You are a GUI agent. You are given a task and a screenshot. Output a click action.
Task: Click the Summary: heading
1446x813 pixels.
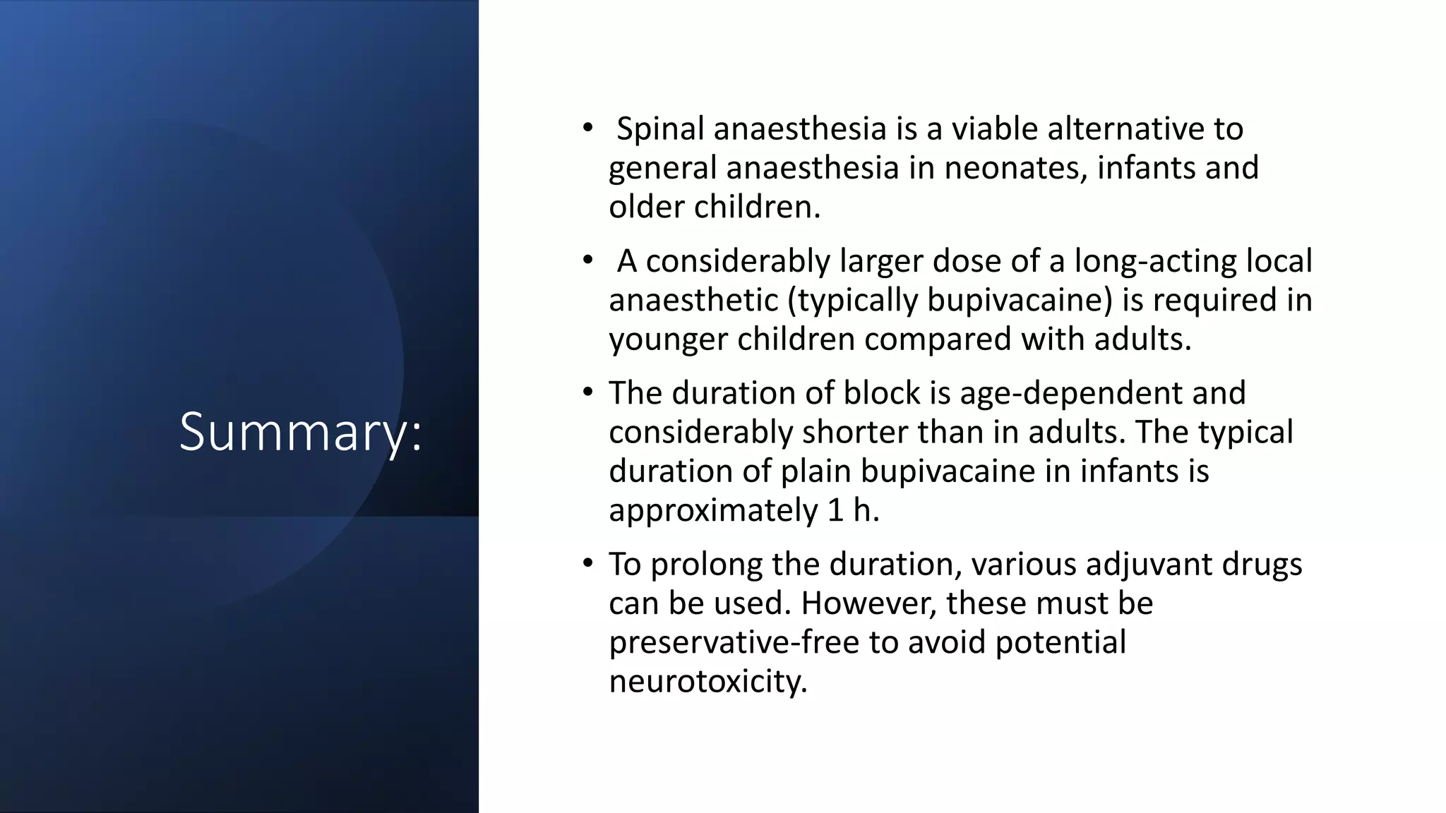click(x=301, y=431)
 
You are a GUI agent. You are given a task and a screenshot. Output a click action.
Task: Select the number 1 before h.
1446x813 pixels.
click(x=835, y=510)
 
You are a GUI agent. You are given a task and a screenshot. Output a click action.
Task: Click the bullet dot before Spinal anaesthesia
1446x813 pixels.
click(x=587, y=128)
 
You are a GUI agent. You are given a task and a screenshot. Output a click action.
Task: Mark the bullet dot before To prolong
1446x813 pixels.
click(x=587, y=564)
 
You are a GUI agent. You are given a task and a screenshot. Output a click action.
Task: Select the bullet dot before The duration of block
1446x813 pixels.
click(x=587, y=392)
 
